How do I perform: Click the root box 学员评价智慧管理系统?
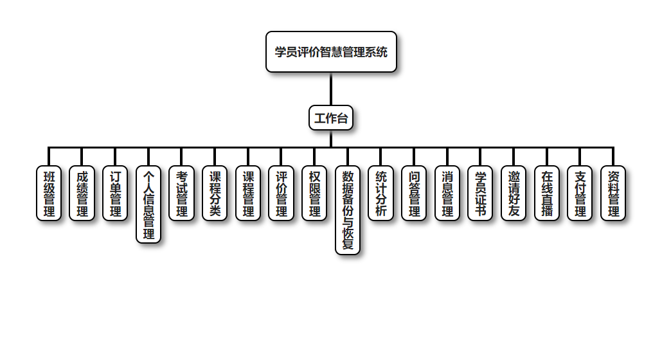point(331,52)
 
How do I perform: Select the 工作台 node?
point(331,118)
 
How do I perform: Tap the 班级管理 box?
point(49,194)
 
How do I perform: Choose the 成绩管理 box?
point(82,194)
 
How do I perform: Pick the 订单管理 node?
point(116,194)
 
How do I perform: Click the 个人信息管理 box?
point(148,204)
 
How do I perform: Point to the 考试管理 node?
point(182,194)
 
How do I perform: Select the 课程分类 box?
point(215,194)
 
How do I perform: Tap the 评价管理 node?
point(282,194)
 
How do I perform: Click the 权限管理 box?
point(315,194)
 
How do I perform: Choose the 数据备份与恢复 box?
point(348,210)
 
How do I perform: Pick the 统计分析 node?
point(381,194)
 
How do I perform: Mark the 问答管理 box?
point(415,194)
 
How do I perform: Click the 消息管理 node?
point(447,194)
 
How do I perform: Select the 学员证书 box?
point(481,194)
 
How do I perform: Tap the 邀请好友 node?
point(514,194)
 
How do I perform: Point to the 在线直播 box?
point(547,194)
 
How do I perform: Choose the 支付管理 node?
point(580,194)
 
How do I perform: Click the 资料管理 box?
point(614,194)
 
